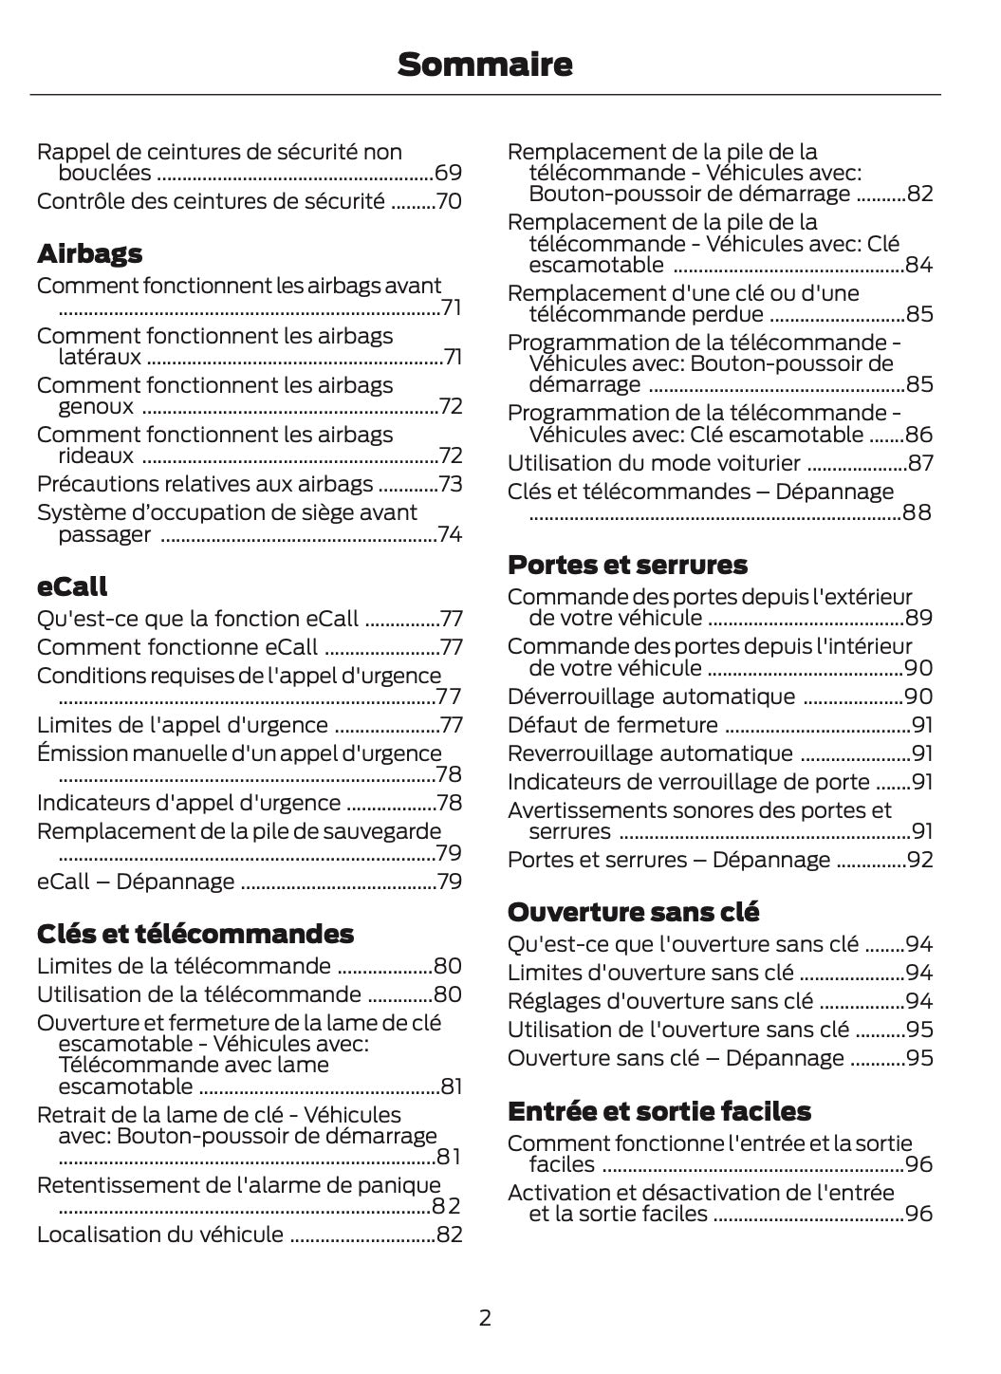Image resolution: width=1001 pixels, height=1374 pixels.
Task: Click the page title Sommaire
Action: click(485, 65)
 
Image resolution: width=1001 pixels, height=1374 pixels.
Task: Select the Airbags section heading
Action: click(89, 253)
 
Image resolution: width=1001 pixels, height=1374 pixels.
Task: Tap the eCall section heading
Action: click(72, 586)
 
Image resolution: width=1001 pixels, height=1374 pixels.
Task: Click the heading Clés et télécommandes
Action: click(195, 934)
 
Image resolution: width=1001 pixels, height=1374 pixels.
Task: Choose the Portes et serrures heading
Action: click(627, 565)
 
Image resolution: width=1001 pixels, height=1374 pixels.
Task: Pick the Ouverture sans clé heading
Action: click(633, 912)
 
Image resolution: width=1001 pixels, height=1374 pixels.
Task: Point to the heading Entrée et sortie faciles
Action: click(658, 1111)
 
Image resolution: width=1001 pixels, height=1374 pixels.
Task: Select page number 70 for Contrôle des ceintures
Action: click(448, 201)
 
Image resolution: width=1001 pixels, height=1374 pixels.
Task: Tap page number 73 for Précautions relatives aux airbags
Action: click(449, 484)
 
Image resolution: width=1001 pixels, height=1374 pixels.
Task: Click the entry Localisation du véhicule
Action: click(159, 1235)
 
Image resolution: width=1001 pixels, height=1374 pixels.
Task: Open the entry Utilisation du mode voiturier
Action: click(654, 463)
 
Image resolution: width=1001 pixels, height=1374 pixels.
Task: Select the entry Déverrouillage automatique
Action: click(651, 696)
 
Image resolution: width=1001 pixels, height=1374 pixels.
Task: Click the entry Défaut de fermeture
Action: click(612, 725)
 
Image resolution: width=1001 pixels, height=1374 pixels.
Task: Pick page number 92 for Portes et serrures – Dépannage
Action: click(918, 860)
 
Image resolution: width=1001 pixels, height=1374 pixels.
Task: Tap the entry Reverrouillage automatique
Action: click(649, 753)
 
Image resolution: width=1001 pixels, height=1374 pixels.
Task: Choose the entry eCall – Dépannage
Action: click(135, 882)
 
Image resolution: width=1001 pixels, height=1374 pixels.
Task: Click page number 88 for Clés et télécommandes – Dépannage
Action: click(918, 513)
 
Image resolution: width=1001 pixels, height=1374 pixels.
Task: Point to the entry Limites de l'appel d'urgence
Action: click(182, 725)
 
